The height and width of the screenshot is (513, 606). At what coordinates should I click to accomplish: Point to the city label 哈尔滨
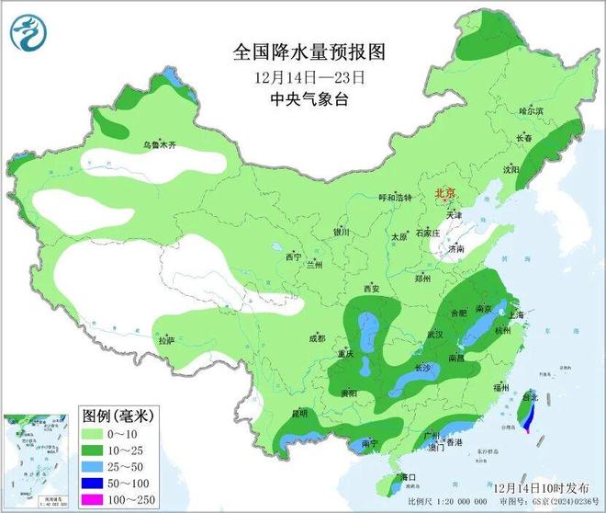(x=532, y=110)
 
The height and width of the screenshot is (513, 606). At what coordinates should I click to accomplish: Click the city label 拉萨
(x=165, y=340)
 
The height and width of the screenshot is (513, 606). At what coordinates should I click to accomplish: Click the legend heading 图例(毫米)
(x=117, y=416)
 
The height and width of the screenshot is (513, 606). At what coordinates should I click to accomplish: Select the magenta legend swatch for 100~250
(x=93, y=500)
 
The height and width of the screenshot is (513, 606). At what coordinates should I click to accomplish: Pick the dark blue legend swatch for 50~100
(x=93, y=484)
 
